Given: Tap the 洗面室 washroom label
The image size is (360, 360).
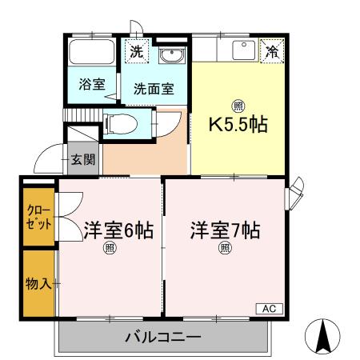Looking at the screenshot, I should (x=154, y=90).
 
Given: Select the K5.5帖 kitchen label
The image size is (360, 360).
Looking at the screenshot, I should (x=238, y=125).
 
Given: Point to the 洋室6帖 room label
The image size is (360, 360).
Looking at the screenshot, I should (x=118, y=230).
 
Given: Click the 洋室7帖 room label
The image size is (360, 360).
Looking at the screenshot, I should (x=225, y=230).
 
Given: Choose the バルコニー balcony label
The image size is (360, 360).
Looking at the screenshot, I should (x=163, y=338).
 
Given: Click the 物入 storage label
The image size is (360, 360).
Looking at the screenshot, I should (x=38, y=283).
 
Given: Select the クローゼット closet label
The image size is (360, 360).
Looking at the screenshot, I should (x=38, y=217).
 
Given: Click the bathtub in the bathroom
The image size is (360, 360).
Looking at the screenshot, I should (x=91, y=54).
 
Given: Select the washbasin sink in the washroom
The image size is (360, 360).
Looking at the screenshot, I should (x=170, y=56).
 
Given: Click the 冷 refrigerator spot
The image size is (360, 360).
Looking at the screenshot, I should (x=272, y=51).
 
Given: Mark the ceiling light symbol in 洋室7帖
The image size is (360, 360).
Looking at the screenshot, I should (x=225, y=248).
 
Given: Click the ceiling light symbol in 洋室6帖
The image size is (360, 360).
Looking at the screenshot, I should (x=109, y=249).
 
